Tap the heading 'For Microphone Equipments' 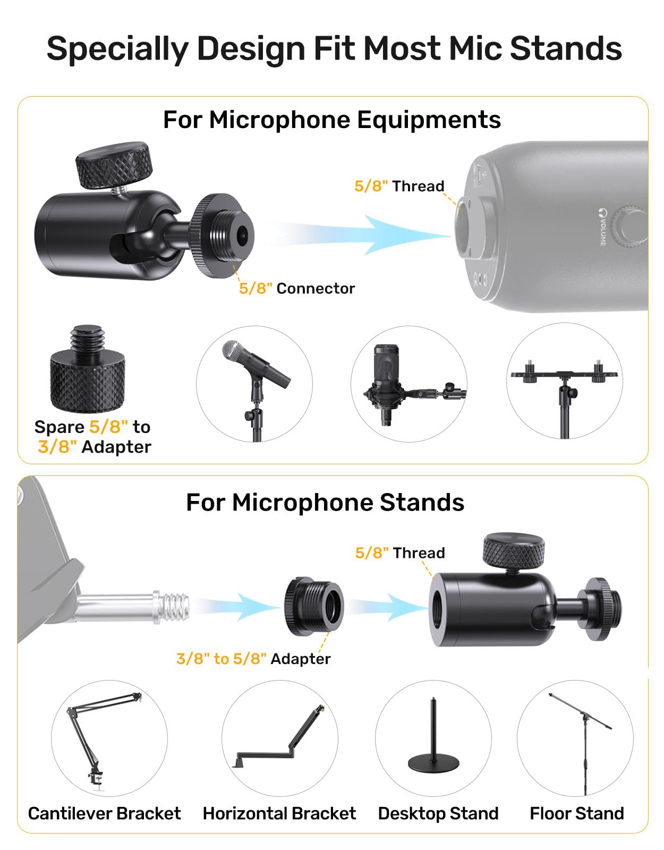click(x=332, y=120)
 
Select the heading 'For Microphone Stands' click(x=325, y=502)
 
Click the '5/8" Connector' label click(x=297, y=288)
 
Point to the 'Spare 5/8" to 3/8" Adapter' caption click(x=93, y=437)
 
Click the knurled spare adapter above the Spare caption click(x=88, y=369)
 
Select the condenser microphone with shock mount click(x=414, y=385)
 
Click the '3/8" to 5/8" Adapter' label click(x=253, y=659)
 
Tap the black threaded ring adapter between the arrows click(x=314, y=607)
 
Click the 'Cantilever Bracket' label click(x=105, y=813)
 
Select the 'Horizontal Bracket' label click(x=279, y=813)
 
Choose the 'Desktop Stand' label click(x=438, y=813)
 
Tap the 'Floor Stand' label click(x=577, y=813)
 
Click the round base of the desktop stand click(x=433, y=764)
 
